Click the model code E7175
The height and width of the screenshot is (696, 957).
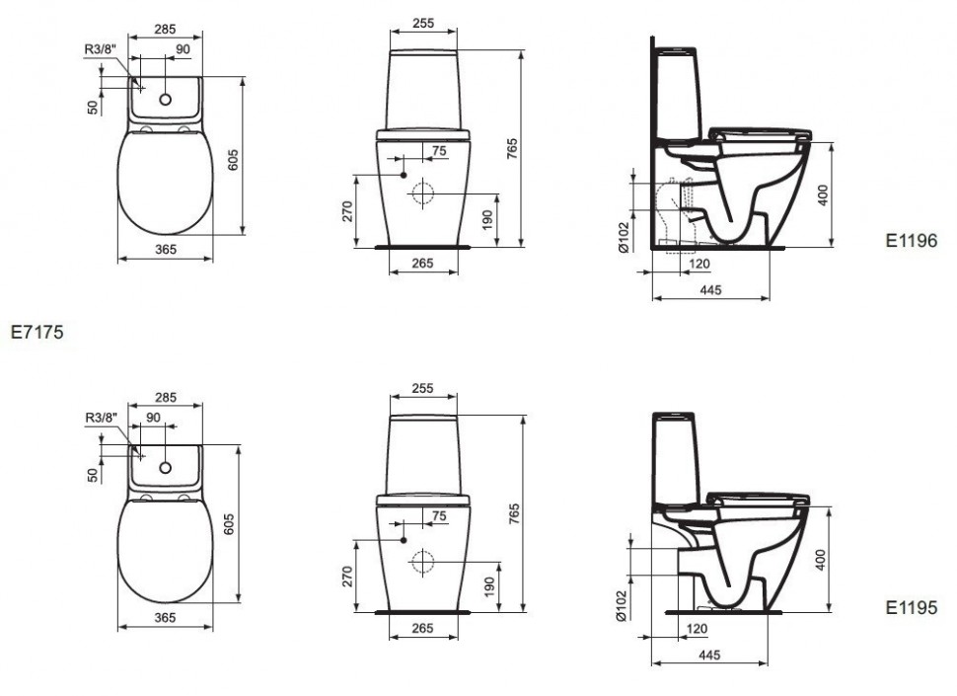[x=37, y=332]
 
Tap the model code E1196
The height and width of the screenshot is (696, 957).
[x=912, y=241]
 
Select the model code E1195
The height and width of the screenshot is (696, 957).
[x=912, y=607]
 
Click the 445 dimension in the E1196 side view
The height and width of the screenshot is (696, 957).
[x=710, y=290]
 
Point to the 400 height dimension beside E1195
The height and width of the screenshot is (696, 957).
[x=821, y=560]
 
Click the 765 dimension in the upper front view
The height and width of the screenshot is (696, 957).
[x=512, y=149]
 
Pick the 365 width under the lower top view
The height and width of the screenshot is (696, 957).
[x=165, y=618]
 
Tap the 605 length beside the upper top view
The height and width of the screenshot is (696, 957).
[x=233, y=160]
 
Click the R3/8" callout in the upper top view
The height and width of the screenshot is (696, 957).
[x=100, y=49]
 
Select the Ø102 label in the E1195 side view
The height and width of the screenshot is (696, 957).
[x=622, y=605]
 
